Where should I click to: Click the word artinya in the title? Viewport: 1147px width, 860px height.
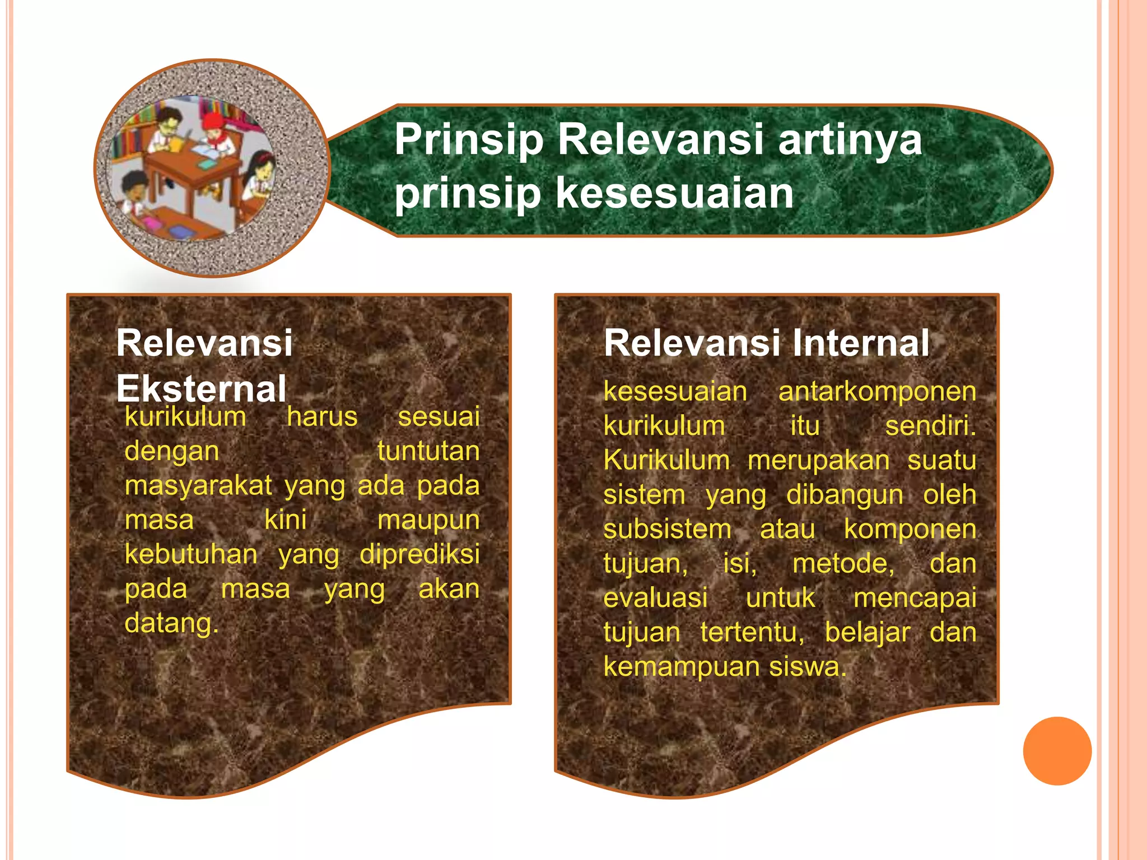click(x=850, y=140)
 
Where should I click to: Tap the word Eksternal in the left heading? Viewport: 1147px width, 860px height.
click(x=201, y=389)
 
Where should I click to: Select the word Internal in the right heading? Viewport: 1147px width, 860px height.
click(x=861, y=343)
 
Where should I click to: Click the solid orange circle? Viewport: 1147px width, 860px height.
click(x=1057, y=751)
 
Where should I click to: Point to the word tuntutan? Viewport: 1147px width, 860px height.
click(x=428, y=451)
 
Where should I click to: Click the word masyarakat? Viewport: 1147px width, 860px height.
click(x=198, y=485)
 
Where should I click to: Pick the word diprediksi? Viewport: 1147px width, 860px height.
click(x=419, y=554)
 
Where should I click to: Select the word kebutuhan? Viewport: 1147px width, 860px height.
click(x=191, y=554)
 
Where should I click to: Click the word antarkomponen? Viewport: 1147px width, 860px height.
click(x=877, y=391)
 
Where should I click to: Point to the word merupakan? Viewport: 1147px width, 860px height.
click(x=818, y=460)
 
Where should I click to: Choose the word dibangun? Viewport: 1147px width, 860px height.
click(x=845, y=495)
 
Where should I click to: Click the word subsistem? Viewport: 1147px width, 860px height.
click(x=667, y=529)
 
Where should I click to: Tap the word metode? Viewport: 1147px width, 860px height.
click(x=843, y=563)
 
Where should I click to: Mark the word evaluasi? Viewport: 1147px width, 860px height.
click(x=655, y=597)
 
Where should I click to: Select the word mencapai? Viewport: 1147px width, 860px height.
click(x=915, y=597)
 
